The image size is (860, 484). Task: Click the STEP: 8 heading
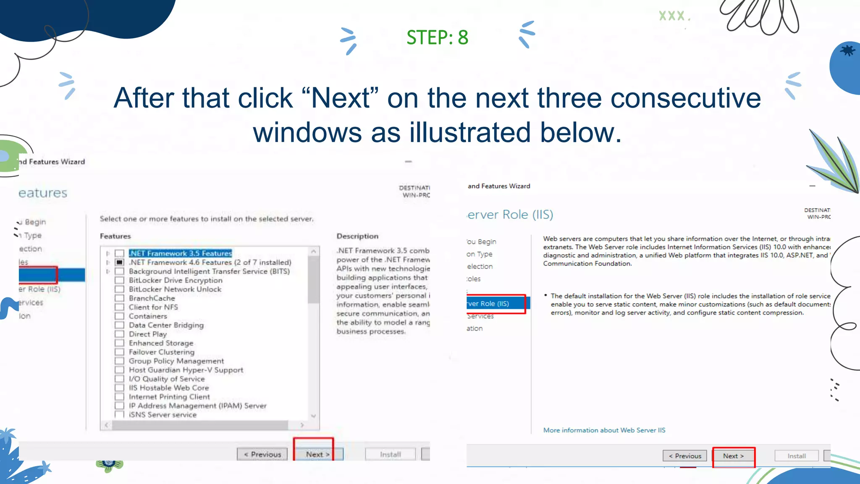437,37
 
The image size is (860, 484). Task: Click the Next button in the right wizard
733,456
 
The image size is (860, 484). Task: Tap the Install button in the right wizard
796,456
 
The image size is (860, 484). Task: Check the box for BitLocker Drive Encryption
120,280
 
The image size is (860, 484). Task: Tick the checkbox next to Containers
120,316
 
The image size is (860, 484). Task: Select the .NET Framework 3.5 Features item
180,253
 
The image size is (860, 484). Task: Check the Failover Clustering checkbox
120,352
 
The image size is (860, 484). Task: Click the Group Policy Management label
176,361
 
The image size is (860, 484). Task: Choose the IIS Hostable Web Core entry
168,388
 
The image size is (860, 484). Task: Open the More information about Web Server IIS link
604,430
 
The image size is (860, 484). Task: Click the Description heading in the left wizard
357,236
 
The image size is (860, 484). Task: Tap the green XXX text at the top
672,16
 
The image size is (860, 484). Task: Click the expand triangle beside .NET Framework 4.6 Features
108,262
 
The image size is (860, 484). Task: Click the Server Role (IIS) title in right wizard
510,215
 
